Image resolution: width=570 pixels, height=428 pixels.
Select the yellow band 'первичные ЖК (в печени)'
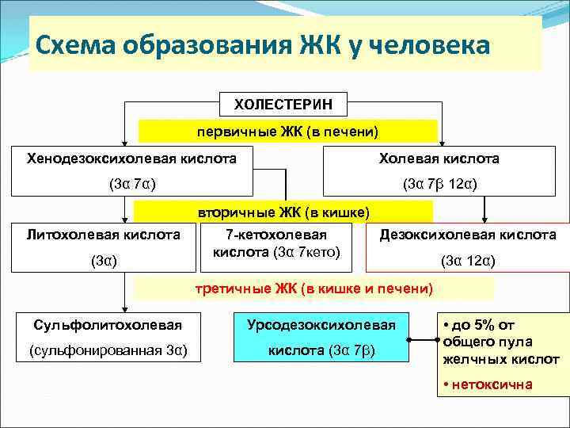pyautogui.click(x=288, y=131)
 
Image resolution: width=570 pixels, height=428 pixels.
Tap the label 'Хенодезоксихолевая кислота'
pyautogui.click(x=131, y=159)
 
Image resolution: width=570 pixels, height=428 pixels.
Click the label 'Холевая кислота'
pyautogui.click(x=450, y=159)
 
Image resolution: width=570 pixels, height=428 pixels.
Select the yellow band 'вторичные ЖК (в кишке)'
pyautogui.click(x=283, y=212)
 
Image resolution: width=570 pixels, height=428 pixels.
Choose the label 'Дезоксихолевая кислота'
pyautogui.click(x=468, y=235)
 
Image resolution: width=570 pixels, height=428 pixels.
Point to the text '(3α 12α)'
pyautogui.click(x=468, y=259)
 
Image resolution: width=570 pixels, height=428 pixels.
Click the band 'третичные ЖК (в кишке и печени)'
pyautogui.click(x=313, y=289)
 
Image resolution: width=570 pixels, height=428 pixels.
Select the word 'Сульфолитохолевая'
pyautogui.click(x=107, y=325)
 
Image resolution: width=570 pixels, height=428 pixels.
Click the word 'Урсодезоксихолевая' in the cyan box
pyautogui.click(x=321, y=325)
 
